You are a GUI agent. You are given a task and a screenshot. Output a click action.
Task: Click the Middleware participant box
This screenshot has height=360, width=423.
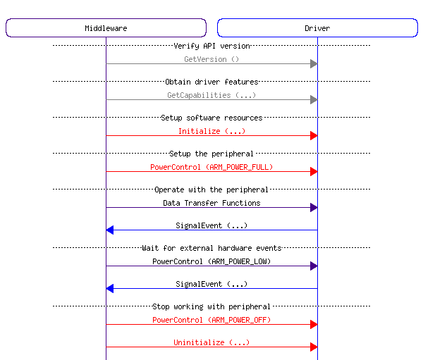(x=106, y=28)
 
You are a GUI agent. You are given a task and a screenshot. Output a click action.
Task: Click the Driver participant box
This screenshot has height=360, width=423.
(x=317, y=28)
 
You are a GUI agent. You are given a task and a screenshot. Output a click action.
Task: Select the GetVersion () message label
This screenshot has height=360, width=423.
(x=211, y=59)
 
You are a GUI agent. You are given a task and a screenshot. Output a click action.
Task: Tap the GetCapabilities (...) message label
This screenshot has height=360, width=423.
(x=211, y=95)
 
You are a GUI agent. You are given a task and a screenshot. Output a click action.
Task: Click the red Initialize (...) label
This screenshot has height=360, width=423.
(x=211, y=131)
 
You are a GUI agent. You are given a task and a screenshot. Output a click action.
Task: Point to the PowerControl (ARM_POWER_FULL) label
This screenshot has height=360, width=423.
(x=211, y=167)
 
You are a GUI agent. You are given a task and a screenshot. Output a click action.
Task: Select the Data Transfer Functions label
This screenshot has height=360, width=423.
(x=211, y=203)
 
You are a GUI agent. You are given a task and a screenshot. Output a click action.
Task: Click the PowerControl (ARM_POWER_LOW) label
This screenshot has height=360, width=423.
(x=211, y=261)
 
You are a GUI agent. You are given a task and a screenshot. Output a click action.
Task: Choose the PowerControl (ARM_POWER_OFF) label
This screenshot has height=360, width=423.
(x=211, y=320)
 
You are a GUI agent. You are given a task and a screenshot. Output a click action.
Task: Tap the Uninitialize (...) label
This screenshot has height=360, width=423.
(x=211, y=342)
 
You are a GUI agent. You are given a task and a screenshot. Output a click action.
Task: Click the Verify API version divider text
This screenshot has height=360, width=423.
(x=211, y=46)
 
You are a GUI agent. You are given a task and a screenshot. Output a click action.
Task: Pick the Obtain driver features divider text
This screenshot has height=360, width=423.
(x=211, y=82)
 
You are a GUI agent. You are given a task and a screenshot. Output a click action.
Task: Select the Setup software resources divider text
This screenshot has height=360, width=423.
(x=211, y=118)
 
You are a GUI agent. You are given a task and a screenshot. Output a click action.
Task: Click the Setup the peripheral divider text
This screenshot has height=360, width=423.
(x=211, y=154)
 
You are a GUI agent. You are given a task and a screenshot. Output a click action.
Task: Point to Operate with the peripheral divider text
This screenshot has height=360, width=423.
(x=211, y=190)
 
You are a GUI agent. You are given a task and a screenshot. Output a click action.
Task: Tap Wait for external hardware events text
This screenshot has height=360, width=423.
(x=211, y=248)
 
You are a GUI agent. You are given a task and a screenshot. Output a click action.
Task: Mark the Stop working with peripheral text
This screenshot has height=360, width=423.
(x=211, y=306)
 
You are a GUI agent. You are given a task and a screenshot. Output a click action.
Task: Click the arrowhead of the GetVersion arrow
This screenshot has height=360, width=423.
(x=314, y=64)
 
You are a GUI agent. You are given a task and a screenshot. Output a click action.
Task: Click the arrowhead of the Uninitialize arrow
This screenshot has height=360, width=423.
(x=314, y=347)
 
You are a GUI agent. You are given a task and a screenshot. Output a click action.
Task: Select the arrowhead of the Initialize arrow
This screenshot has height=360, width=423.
(x=314, y=135)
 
